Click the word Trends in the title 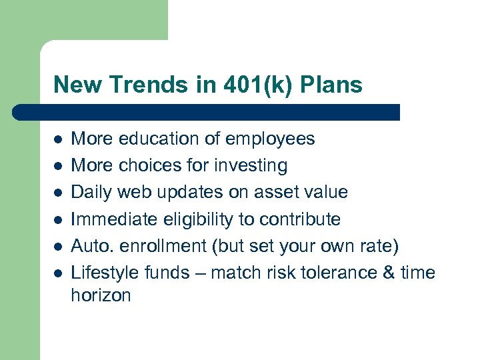(x=139, y=85)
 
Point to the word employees (x=269, y=139)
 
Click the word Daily (x=91, y=192)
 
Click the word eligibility (x=193, y=219)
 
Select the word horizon (x=101, y=295)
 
